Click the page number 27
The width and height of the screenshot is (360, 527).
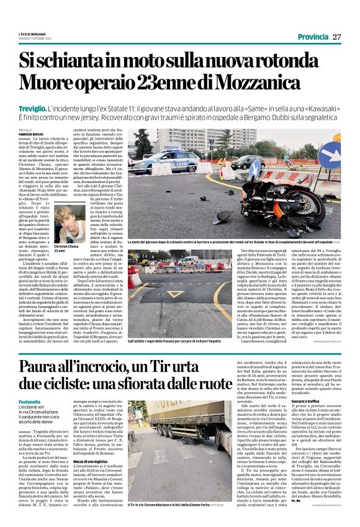[x=336, y=37]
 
